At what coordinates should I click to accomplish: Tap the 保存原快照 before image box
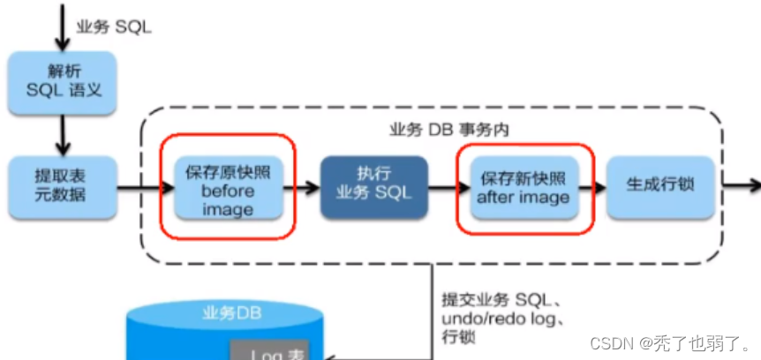click(227, 188)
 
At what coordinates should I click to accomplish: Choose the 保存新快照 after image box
click(523, 187)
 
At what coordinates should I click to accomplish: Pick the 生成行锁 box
click(659, 187)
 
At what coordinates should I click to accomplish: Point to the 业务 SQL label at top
click(120, 26)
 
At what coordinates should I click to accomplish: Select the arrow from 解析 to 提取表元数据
click(62, 134)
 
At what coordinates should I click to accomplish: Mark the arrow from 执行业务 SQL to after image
click(448, 188)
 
